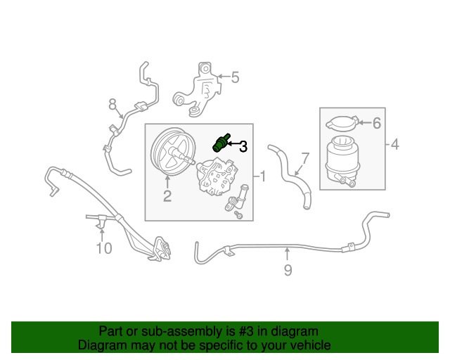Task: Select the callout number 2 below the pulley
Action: pos(167,197)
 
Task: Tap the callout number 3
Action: pos(243,146)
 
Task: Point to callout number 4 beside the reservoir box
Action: pos(394,146)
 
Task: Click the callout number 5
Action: pos(235,77)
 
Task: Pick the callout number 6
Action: pos(376,124)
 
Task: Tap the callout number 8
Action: pos(112,105)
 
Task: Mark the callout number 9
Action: pos(288,269)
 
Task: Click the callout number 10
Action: pos(103,247)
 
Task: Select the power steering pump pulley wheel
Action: pos(169,154)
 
